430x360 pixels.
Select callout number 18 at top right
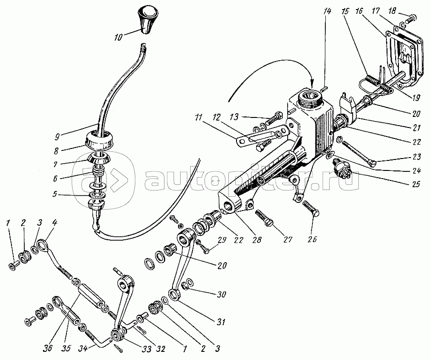coord(392,11)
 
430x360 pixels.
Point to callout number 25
coord(416,184)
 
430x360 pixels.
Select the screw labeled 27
coord(263,217)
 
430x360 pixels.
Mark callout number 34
coord(83,348)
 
